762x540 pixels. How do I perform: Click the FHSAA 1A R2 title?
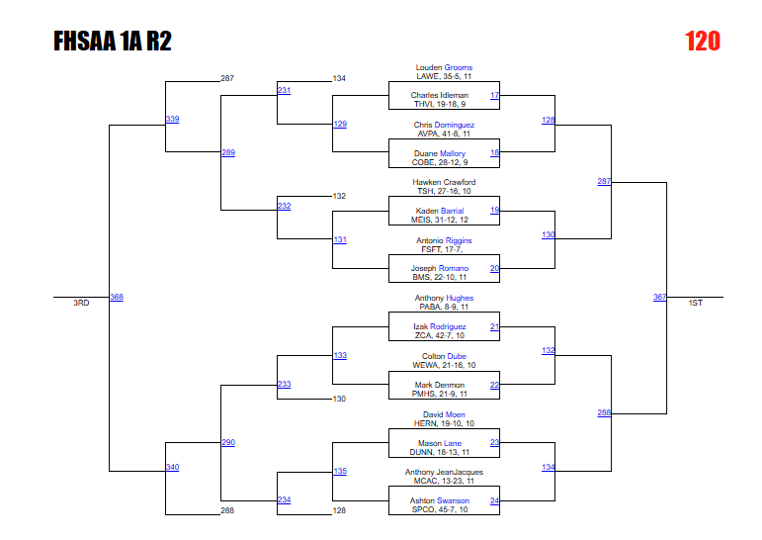(113, 42)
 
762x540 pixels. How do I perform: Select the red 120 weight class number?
(703, 42)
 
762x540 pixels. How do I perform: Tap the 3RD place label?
(81, 303)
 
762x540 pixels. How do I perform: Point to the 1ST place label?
(696, 303)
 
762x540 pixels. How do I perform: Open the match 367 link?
(659, 297)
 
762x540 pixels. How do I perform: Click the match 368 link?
(117, 297)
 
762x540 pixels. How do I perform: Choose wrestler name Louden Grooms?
(444, 68)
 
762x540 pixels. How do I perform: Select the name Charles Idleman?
(440, 96)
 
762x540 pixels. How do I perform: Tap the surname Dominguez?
(455, 126)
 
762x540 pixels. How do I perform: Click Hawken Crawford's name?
(444, 183)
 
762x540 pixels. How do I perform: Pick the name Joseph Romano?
(440, 268)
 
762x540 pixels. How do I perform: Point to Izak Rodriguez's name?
(440, 326)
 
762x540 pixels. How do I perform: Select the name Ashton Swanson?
(440, 500)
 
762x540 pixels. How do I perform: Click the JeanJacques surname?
(459, 472)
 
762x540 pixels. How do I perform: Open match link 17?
(494, 96)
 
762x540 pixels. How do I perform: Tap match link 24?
(494, 500)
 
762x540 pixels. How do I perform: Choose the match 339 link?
(172, 119)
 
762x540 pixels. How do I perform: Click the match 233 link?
(284, 384)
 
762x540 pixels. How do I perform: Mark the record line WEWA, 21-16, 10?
(444, 365)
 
